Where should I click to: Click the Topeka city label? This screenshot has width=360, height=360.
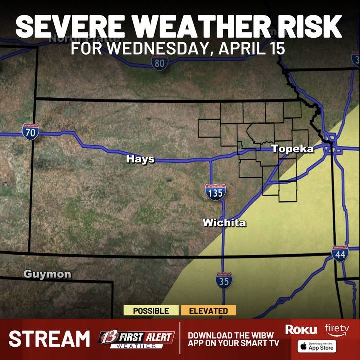292,149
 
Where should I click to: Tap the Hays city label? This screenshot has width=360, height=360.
140,159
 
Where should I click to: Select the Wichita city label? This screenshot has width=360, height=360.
224,223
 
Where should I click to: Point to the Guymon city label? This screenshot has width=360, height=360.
47,274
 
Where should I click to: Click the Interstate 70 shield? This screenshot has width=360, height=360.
30,132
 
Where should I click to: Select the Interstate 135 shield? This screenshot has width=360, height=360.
215,192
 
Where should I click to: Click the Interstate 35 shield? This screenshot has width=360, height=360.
224,280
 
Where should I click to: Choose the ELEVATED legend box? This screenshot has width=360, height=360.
208,311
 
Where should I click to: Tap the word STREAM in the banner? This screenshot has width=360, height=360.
49,339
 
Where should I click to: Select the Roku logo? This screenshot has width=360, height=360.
301,329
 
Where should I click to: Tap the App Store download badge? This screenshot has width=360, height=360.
316,345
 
